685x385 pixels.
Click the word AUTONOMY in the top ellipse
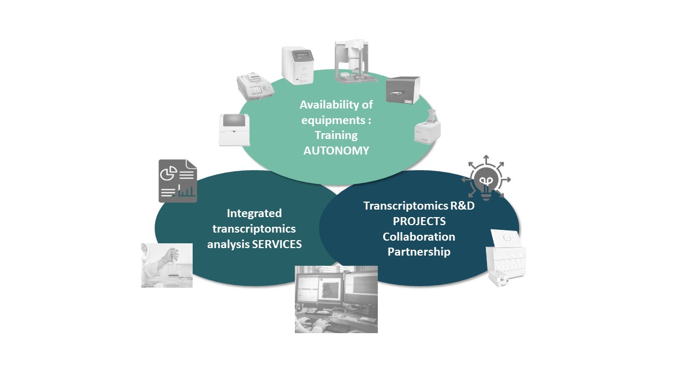[336, 150]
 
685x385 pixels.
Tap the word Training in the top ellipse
[336, 135]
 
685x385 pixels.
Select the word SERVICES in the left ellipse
[277, 244]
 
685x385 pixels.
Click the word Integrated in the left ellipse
[254, 213]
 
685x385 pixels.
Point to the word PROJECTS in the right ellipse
[419, 221]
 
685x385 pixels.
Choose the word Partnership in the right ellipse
[419, 251]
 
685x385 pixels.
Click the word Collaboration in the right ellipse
[419, 236]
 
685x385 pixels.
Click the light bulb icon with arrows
[486, 179]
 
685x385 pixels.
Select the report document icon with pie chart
[178, 181]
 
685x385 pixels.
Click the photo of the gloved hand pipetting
[166, 265]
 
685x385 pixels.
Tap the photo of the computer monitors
[336, 299]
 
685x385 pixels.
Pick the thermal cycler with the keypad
[255, 85]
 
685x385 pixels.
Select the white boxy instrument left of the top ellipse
[234, 129]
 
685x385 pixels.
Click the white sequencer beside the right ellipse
[505, 257]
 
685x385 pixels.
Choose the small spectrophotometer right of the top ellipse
[428, 127]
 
